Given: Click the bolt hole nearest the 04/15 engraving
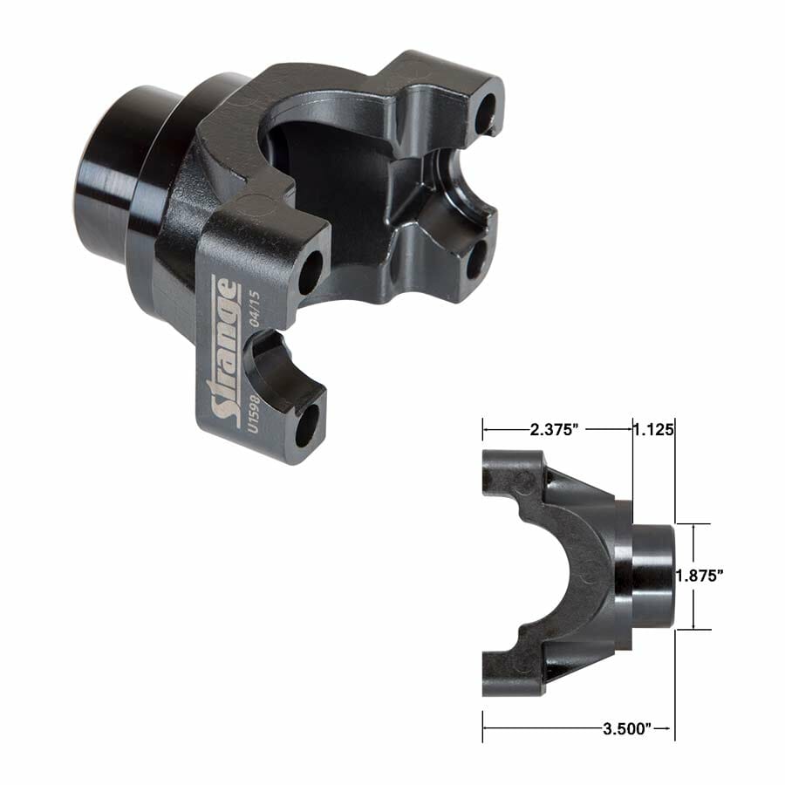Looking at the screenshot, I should [x=310, y=273].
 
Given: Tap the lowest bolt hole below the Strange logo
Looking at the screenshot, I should [x=306, y=427].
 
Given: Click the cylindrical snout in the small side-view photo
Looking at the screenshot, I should [x=652, y=576].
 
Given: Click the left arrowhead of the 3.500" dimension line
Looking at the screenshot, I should [x=487, y=725].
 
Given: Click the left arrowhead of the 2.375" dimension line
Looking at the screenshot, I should [x=487, y=429].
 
